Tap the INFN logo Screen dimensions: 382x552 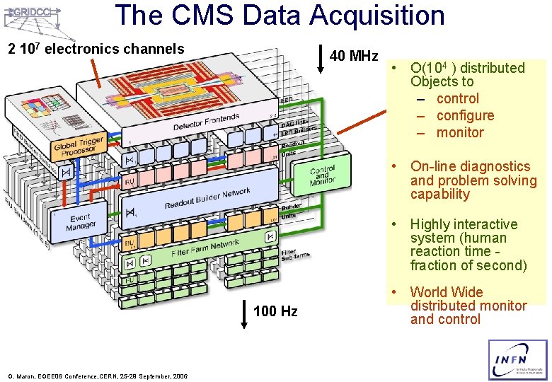pyautogui.click(x=517, y=360)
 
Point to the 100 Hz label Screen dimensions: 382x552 pyautogui.click(x=275, y=311)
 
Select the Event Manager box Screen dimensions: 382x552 pyautogui.click(x=81, y=221)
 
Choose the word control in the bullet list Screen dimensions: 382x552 pyautogui.click(x=457, y=98)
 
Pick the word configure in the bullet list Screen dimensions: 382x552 pyautogui.click(x=465, y=115)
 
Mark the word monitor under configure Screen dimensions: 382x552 pyautogui.click(x=460, y=132)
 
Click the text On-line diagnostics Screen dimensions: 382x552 pyautogui.click(x=470, y=166)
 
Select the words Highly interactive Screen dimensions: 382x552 pyautogui.click(x=464, y=224)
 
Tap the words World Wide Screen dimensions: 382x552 pyautogui.click(x=446, y=291)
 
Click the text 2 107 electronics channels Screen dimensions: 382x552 pyautogui.click(x=96, y=49)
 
